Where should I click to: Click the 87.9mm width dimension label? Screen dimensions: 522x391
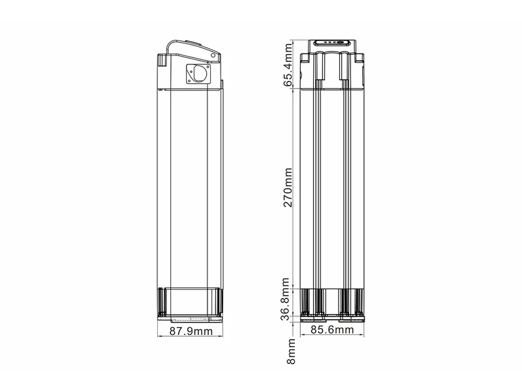coord(191,331)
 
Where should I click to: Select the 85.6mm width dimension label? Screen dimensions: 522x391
coord(332,330)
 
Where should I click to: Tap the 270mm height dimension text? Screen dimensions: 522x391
coord(288,188)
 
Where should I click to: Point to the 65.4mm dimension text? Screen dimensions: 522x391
coord(288,65)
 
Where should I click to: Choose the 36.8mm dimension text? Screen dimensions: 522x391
coord(286,299)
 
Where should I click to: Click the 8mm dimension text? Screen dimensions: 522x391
coord(291,351)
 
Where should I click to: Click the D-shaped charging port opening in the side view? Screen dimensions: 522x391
coord(200,73)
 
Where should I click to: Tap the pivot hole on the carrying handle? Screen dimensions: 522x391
coord(213,55)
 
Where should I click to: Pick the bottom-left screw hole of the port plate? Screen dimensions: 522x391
coord(189,80)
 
